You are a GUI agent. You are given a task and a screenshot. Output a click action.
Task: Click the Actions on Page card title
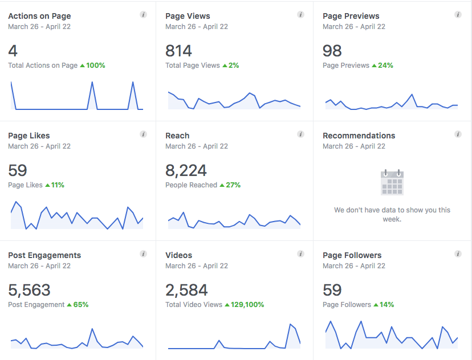coord(39,16)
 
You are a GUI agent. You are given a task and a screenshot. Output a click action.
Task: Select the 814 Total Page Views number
coord(178,51)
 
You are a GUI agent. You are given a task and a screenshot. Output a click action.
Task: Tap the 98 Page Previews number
coord(332,51)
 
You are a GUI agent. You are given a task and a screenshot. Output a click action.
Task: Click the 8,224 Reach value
coord(186,170)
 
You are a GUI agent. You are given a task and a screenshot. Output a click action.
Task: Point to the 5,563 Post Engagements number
coord(29,290)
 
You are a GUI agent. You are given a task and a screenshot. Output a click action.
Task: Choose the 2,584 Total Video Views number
coord(186,290)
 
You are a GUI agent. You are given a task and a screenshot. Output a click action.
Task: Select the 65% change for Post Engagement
coord(80,305)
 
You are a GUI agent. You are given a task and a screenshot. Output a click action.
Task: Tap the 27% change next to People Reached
coord(233,185)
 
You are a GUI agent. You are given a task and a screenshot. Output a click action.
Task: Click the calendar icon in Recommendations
coord(392,182)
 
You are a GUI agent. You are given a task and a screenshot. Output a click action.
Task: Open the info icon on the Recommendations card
coord(458,134)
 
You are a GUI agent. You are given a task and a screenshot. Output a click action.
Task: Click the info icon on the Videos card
coord(300,254)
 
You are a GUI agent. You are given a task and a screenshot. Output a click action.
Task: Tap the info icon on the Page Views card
coord(300,15)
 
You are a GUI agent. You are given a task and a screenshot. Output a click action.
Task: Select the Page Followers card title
coord(352,255)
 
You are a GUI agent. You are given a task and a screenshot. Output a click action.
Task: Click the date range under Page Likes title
coord(39,146)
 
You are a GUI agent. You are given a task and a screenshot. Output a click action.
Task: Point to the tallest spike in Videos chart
coord(291,325)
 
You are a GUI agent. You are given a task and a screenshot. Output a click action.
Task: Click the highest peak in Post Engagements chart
coord(91,329)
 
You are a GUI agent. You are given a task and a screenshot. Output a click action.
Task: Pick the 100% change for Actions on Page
coord(95,66)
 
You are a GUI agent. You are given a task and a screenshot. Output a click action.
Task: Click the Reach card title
coord(177,136)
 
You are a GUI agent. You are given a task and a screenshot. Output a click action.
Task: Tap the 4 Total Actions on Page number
coord(13,51)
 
